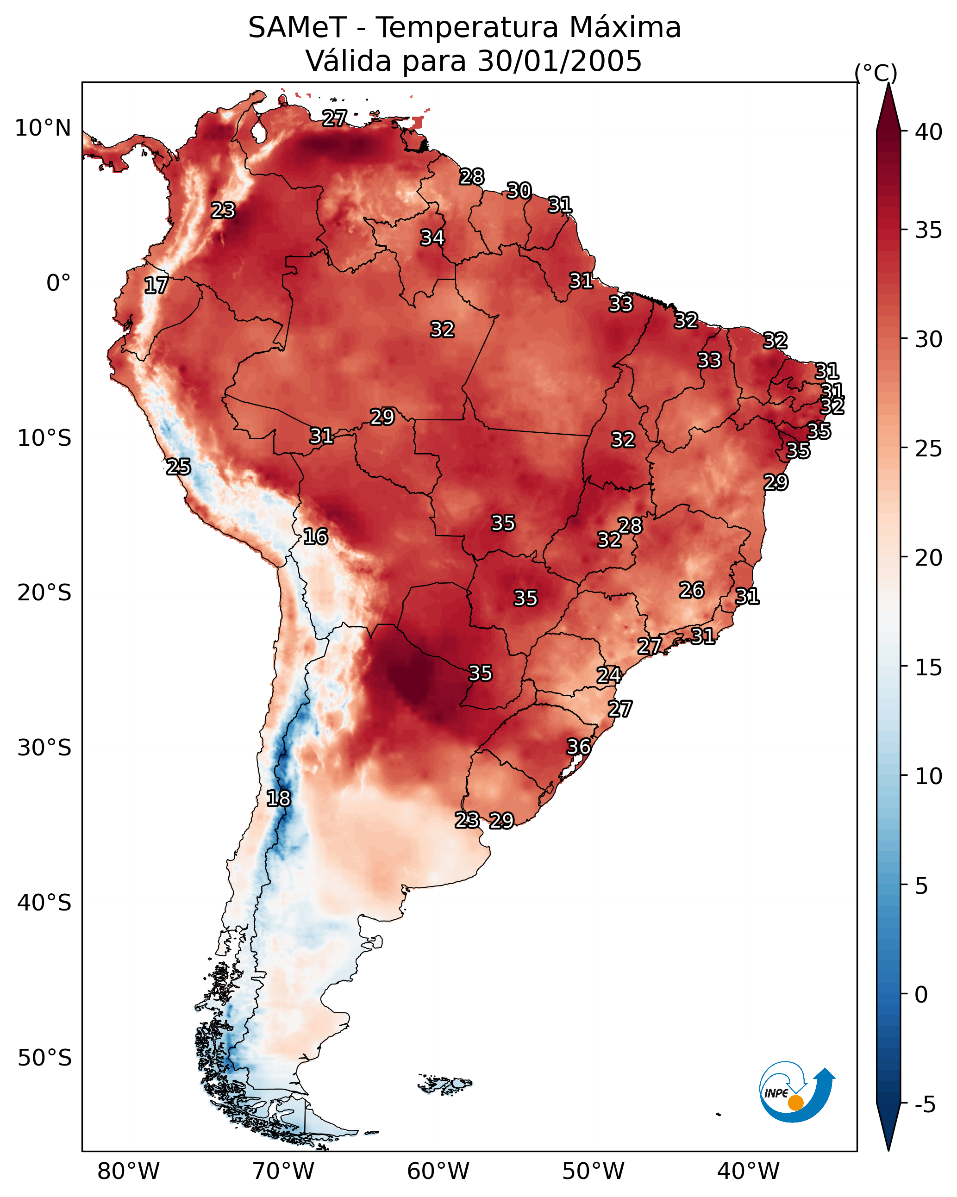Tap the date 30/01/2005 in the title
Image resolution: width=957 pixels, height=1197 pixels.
pos(560,61)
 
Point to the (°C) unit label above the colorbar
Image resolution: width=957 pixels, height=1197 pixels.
pos(876,73)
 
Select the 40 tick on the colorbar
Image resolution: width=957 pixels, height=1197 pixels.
pos(929,132)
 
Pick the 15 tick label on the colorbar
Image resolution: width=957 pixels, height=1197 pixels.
pos(929,667)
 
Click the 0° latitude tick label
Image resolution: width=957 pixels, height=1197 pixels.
pos(59,283)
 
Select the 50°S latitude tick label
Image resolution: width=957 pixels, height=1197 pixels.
pos(44,1058)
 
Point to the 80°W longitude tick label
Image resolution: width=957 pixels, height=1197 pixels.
pos(128,1171)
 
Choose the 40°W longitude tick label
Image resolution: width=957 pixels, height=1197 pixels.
pos(748,1171)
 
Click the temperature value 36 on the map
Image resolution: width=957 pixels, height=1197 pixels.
pos(579,746)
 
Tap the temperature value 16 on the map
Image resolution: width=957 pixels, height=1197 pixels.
pos(315,536)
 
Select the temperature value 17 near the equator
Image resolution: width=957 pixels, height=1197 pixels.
pos(156,286)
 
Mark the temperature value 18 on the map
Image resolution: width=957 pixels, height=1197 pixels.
pos(278,798)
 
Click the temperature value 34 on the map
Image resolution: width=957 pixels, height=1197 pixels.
pos(432,237)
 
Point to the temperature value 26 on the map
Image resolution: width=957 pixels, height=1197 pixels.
pos(692,590)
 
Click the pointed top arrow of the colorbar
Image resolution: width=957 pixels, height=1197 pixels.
pos(888,84)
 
